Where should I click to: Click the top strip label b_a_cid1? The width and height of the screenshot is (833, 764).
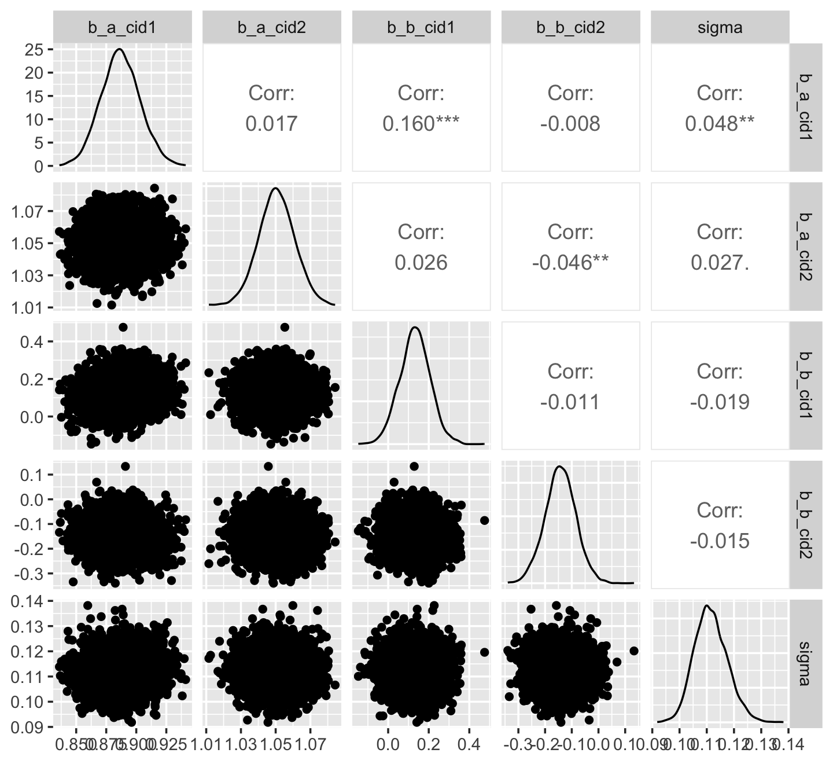tap(122, 27)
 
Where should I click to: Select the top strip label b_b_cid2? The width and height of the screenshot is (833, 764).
tap(570, 27)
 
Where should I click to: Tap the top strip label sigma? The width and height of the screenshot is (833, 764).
tap(720, 27)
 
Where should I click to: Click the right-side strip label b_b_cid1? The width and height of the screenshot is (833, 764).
tap(805, 385)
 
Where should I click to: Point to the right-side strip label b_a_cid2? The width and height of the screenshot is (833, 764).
tap(805, 246)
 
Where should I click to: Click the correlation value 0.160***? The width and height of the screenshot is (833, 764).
tap(421, 123)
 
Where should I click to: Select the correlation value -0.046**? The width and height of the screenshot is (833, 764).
tap(570, 263)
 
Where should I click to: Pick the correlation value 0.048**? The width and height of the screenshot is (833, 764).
tap(720, 123)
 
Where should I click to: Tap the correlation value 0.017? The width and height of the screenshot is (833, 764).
tap(272, 123)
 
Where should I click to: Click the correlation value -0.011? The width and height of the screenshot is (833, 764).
tap(570, 402)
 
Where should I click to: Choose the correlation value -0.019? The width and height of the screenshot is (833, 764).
tap(720, 402)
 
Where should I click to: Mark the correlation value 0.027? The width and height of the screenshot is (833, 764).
tap(720, 263)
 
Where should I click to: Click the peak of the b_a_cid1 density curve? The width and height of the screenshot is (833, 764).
tap(119, 49)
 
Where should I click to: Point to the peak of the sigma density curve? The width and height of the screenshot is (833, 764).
tap(707, 606)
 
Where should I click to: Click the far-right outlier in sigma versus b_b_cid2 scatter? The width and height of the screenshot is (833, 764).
tap(633, 651)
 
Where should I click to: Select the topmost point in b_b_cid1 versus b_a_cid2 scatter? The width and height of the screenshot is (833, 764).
tap(284, 327)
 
